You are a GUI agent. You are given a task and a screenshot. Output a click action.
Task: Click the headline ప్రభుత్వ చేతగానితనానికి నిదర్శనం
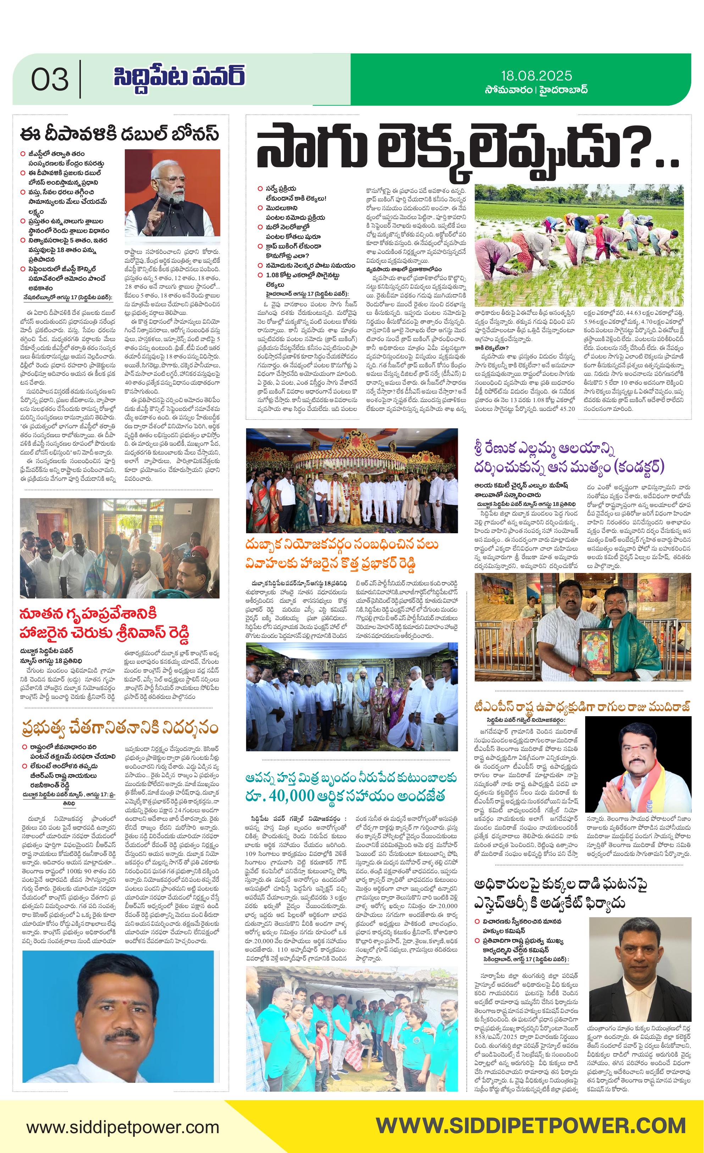point(120,729)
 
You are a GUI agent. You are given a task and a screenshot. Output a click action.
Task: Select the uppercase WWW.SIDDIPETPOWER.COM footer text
point(531,1125)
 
